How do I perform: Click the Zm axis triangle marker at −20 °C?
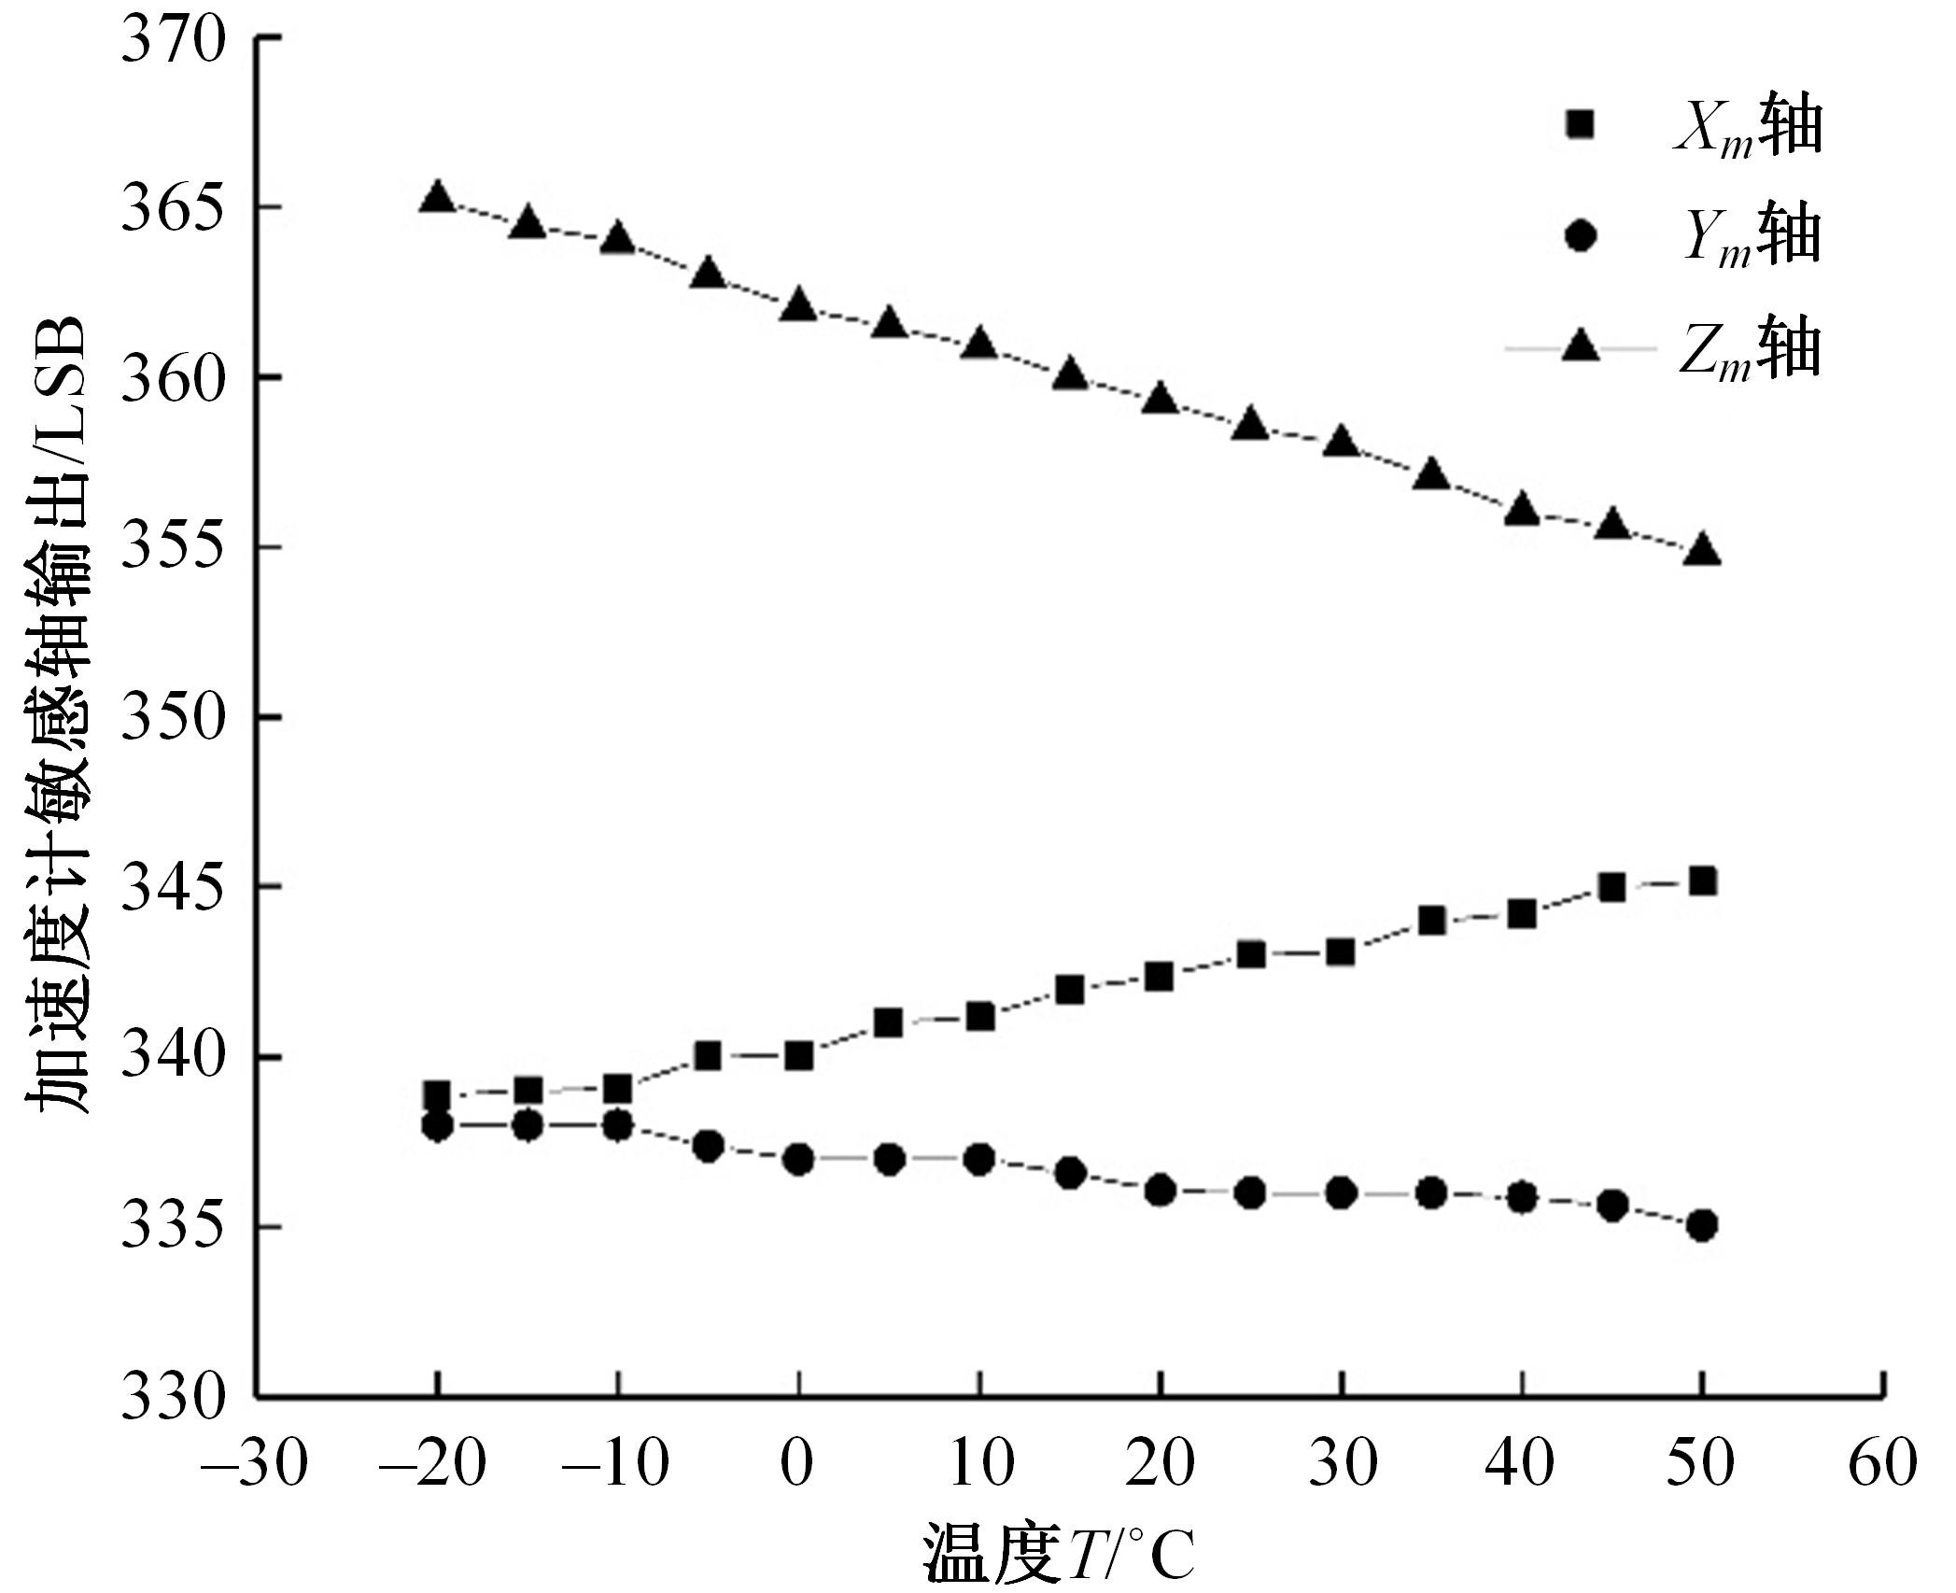pos(437,197)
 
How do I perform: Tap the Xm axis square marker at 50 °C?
pos(1703,881)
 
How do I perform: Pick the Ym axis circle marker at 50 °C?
pos(1703,1225)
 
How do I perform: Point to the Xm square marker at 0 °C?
pos(799,1056)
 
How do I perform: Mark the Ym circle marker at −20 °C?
pos(437,1125)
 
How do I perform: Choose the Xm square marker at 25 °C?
pos(1250,954)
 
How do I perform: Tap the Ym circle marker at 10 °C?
pos(979,1160)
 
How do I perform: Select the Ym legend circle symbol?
pos(1580,236)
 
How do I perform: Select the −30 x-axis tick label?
pos(253,1462)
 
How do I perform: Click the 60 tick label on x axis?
pos(1882,1462)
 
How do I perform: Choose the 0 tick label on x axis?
pos(799,1462)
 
